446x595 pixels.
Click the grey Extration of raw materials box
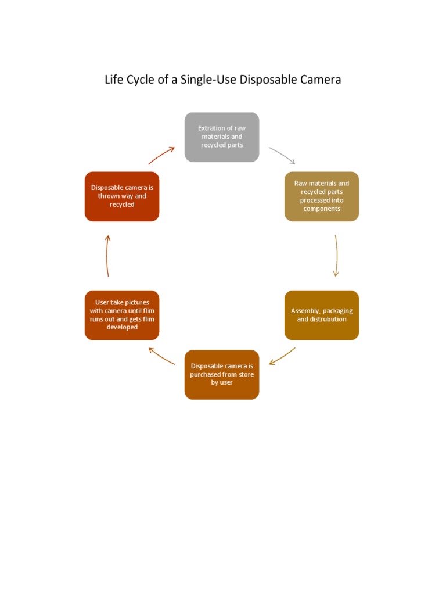coord(221,137)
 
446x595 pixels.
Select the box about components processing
coord(321,196)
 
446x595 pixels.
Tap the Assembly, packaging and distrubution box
coord(321,315)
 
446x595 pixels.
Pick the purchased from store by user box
coord(221,375)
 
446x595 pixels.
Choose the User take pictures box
coord(122,315)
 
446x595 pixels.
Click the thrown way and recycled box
coord(122,196)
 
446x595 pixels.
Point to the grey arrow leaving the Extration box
coord(282,155)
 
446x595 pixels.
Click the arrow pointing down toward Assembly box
coord(336,256)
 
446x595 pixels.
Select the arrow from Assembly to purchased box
coord(283,356)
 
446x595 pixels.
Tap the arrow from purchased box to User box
coord(161,356)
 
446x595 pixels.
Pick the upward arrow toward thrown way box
coord(108,256)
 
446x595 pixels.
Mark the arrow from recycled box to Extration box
coord(161,155)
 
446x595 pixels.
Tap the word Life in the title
coord(113,80)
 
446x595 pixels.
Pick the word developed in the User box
coord(122,327)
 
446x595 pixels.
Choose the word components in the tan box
coord(321,209)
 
